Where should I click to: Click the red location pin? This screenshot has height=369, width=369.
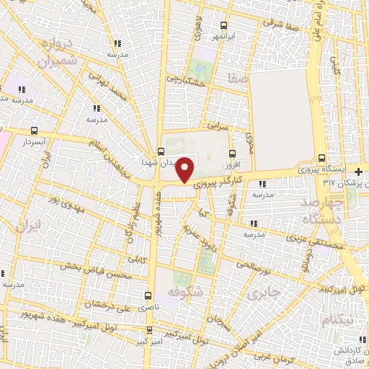click(x=185, y=169)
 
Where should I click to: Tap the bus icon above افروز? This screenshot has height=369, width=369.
click(x=231, y=153)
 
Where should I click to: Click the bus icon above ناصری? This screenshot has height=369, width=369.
click(x=148, y=295)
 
